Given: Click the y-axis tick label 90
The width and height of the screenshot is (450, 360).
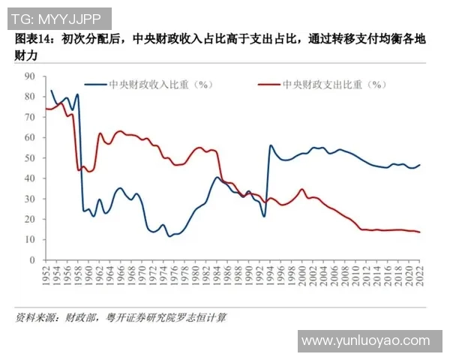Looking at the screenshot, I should [29, 76].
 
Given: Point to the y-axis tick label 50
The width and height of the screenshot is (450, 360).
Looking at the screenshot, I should [29, 158].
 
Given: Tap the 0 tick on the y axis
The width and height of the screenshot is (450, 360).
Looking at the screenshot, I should [32, 260].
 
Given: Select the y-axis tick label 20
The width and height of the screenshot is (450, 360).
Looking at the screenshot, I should [29, 219].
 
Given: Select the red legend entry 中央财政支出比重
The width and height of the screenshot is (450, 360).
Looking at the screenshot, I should [327, 85].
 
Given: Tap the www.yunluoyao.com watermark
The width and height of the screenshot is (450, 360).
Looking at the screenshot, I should [369, 341].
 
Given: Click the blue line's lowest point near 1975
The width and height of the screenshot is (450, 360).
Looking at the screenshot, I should [169, 235].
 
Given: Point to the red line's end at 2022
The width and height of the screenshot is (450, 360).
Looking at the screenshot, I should [419, 232].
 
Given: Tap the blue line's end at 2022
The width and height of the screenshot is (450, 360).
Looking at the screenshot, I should [419, 165].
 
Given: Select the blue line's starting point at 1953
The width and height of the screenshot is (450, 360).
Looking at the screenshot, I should [51, 91].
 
